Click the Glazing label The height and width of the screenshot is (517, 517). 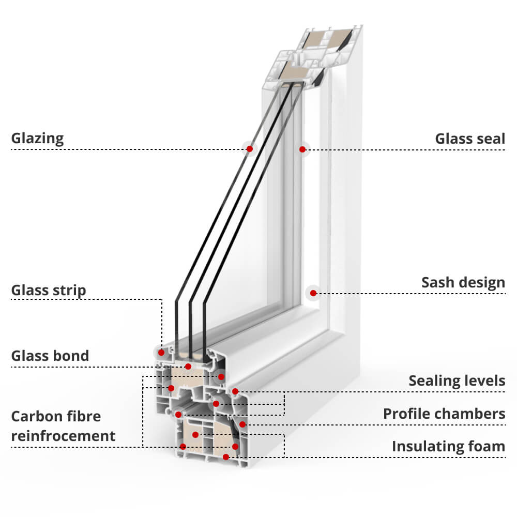tap(37, 139)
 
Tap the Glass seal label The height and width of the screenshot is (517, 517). tap(469, 139)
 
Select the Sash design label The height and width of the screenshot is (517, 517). tap(463, 283)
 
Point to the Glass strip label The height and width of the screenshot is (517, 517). tap(49, 291)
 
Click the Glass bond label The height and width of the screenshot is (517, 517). tap(50, 356)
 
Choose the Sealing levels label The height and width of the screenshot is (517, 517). tap(457, 381)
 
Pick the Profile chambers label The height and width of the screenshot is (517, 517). tap(444, 414)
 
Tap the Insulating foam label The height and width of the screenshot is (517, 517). tap(448, 446)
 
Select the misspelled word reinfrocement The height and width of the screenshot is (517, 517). tap(63, 436)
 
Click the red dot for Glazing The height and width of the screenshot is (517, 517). tap(250, 149)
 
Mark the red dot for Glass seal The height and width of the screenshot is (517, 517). tap(302, 149)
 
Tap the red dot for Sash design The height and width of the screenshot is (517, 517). tap(313, 293)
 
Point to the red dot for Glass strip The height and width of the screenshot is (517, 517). tap(161, 353)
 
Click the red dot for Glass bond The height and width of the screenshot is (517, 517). tap(188, 367)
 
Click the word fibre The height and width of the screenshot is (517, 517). tap(83, 417)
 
